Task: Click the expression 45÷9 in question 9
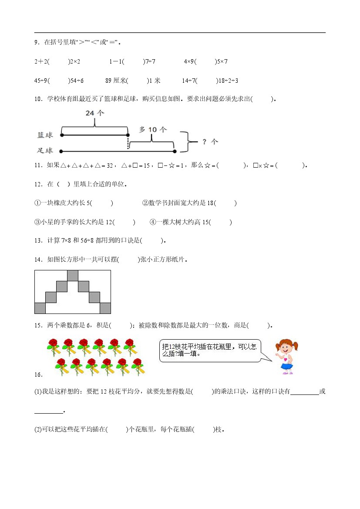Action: pyautogui.click(x=40, y=81)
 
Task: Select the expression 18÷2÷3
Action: pyautogui.click(x=228, y=81)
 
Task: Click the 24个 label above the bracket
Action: pyautogui.click(x=95, y=113)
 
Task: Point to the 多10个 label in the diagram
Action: pyautogui.click(x=152, y=129)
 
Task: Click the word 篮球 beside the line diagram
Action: pyautogui.click(x=45, y=135)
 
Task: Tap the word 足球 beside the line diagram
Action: pyautogui.click(x=45, y=151)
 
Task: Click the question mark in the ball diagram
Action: pyautogui.click(x=204, y=142)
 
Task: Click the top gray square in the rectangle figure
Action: pyautogui.click(x=73, y=276)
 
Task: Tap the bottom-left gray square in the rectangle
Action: pyautogui.click(x=40, y=308)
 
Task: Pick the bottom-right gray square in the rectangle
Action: pyautogui.click(x=105, y=308)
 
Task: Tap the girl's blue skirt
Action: pyautogui.click(x=286, y=366)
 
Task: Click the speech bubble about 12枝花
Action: pyautogui.click(x=210, y=351)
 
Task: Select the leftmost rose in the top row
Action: pyautogui.click(x=53, y=347)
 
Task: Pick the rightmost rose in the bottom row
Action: pyautogui.click(x=138, y=366)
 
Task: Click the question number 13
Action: pyautogui.click(x=38, y=240)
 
